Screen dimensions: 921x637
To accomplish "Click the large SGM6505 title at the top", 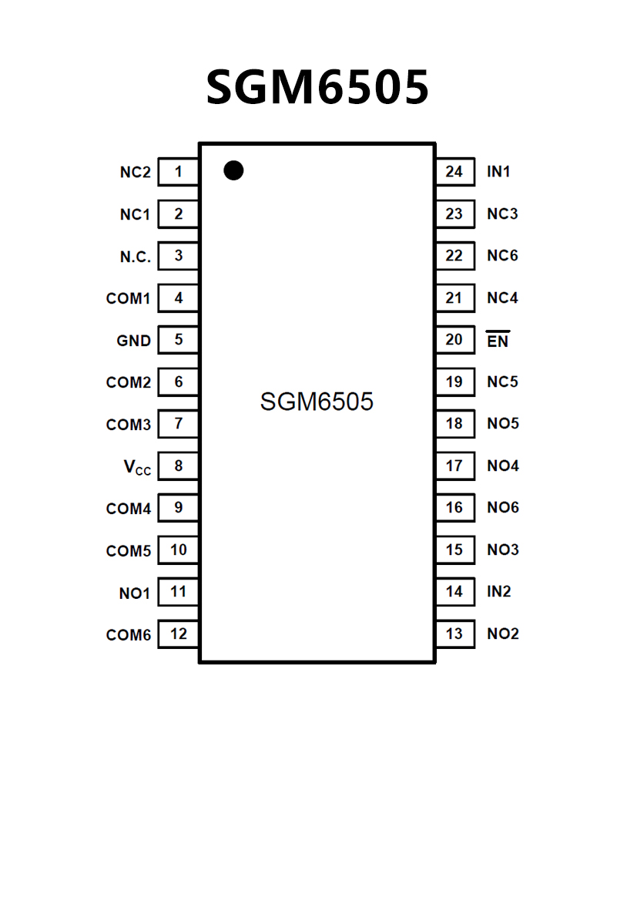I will click(317, 87).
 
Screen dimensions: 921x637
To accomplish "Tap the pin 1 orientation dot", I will click(233, 170).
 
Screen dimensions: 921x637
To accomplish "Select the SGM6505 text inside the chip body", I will click(317, 402).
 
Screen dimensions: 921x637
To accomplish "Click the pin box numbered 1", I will click(179, 172).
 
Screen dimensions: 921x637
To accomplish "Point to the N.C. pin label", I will click(136, 257).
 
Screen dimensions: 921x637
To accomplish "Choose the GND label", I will click(134, 341).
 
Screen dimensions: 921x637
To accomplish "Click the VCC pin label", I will click(138, 467).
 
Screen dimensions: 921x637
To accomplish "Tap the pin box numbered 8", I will click(179, 466).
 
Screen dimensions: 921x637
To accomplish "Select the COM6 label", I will click(129, 635).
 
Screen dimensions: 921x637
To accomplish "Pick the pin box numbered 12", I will click(179, 634).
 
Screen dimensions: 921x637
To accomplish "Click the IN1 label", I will click(498, 172).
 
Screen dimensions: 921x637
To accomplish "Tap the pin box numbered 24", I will click(454, 172).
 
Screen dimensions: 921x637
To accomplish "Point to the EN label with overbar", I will click(498, 340).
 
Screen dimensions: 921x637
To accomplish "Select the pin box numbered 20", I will click(454, 340).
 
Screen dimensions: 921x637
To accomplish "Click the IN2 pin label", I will click(499, 592).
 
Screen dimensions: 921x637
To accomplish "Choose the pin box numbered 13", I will click(454, 634).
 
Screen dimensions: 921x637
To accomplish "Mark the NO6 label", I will click(503, 508).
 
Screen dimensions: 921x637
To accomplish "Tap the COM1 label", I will click(129, 298).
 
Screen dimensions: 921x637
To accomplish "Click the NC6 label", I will click(502, 256).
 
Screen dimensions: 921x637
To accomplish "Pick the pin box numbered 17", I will click(454, 466).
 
